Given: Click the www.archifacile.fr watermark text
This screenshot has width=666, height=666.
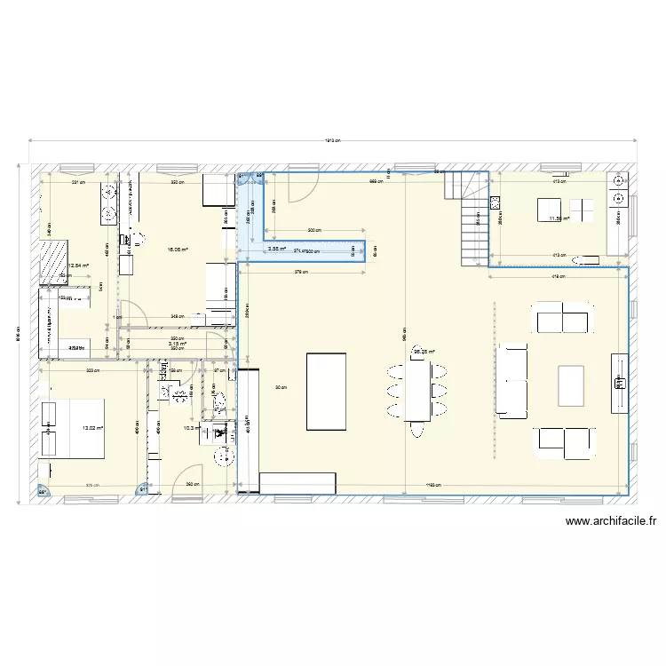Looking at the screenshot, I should (x=610, y=522).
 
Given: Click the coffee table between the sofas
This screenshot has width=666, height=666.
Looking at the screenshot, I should (x=571, y=385).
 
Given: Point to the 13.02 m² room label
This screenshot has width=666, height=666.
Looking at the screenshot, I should (x=92, y=428).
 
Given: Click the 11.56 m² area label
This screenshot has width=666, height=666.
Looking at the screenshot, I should (x=559, y=218).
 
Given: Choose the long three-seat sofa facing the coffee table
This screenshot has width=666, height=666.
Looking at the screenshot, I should (x=511, y=381).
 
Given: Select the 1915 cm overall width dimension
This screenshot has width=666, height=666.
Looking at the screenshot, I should (x=332, y=140).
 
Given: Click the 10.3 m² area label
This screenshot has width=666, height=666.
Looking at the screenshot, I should (x=188, y=428).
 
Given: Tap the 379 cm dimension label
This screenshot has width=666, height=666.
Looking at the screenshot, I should (x=303, y=273).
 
